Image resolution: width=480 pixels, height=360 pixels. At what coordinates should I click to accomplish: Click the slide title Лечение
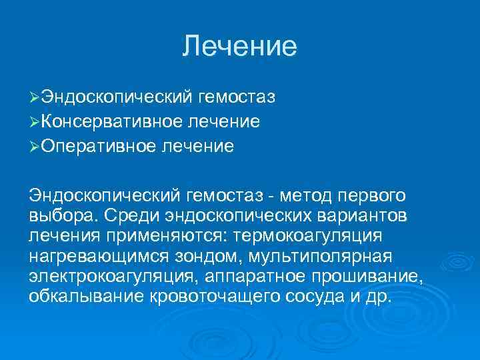point(239,46)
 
